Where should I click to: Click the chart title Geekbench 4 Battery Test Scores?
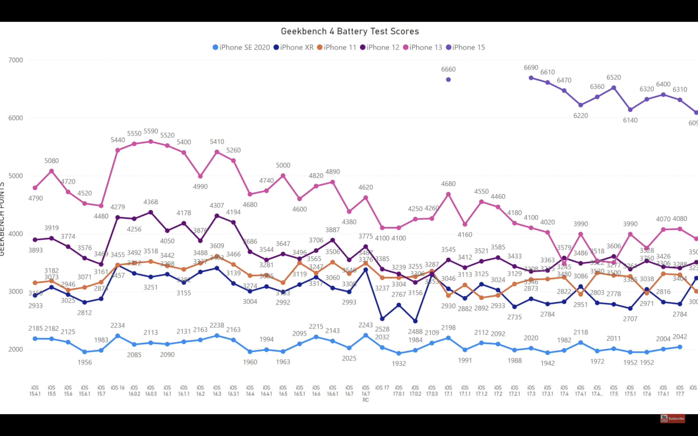[x=349, y=31]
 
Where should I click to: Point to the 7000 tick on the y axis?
[x=16, y=60]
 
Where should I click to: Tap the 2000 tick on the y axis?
[x=16, y=349]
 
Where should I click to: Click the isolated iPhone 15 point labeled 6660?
[x=448, y=80]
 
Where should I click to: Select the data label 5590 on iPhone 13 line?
[x=151, y=131]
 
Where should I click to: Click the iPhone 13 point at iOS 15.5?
[x=52, y=171]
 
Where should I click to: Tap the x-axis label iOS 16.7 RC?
[x=365, y=394]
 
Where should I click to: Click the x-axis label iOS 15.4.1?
[x=35, y=390]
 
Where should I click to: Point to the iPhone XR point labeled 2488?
[x=415, y=321]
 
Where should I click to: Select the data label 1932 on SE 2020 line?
[x=399, y=364]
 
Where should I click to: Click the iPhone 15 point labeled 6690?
[x=531, y=78]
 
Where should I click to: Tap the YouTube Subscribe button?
[x=673, y=418]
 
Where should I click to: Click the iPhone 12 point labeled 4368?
[x=151, y=212]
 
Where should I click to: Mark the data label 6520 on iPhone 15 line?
[x=613, y=77]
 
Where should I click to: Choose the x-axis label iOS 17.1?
[x=448, y=390]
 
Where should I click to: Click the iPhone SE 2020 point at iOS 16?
[x=118, y=336]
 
